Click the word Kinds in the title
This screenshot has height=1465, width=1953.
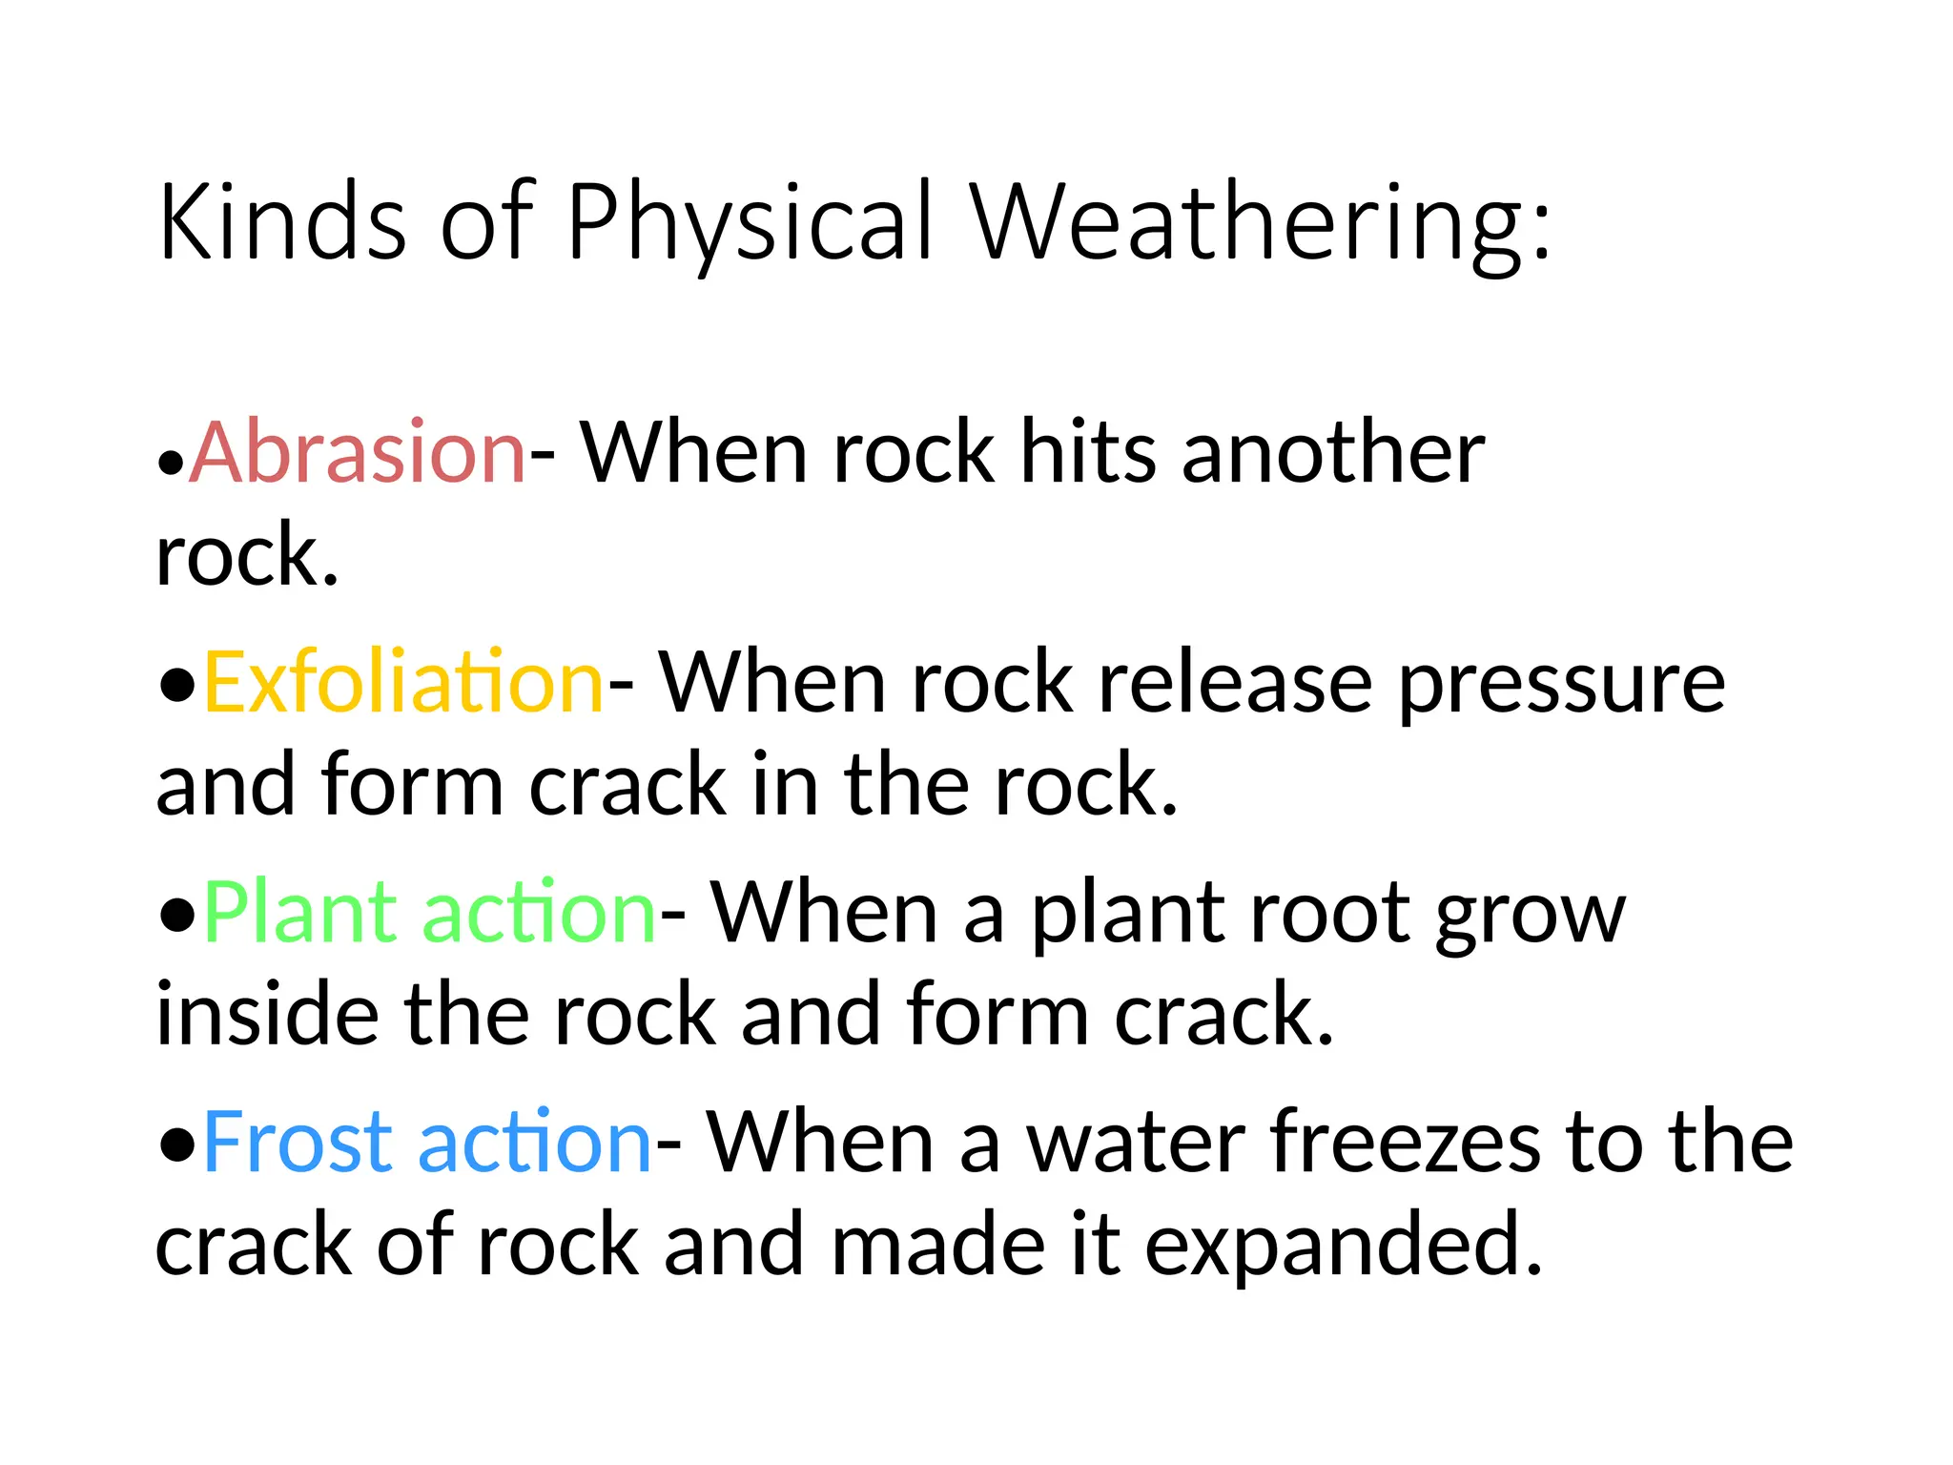point(282,221)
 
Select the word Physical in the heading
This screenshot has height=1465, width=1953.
point(749,223)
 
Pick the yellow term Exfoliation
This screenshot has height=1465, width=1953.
point(403,682)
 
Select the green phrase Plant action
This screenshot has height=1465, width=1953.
point(429,913)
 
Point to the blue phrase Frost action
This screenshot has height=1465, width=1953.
point(426,1142)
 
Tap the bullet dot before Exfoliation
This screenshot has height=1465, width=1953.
point(177,685)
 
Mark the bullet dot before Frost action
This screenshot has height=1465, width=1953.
point(177,1145)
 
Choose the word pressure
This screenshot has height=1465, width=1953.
point(1561,685)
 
